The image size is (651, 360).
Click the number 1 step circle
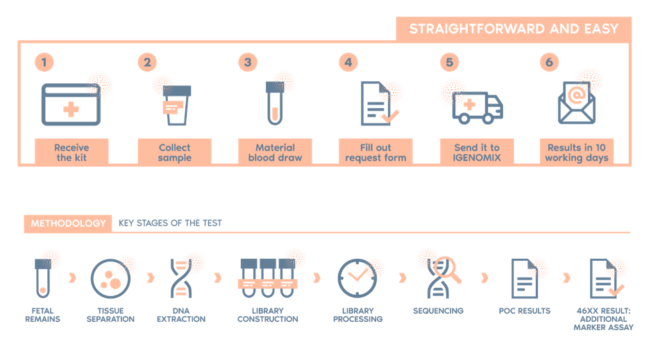(44, 62)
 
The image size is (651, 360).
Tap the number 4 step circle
(348, 62)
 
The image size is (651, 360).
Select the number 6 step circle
(549, 62)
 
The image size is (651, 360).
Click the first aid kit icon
(71, 104)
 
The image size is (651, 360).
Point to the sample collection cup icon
(176, 105)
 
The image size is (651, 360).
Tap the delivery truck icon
(477, 108)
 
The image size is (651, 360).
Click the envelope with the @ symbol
(577, 103)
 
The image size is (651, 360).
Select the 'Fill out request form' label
(375, 153)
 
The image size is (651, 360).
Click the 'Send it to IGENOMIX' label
(477, 153)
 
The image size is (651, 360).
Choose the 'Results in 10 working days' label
(577, 153)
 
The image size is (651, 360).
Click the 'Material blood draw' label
(275, 153)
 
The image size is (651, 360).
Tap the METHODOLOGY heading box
(68, 223)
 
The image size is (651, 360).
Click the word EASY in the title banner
(601, 29)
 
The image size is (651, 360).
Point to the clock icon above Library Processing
(357, 278)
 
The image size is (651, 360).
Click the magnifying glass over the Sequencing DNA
(448, 269)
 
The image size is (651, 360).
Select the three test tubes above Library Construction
(268, 278)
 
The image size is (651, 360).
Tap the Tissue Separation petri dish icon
(110, 279)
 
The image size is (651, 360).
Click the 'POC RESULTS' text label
(525, 311)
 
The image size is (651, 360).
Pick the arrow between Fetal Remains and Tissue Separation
(73, 277)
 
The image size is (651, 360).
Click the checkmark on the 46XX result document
(616, 291)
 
